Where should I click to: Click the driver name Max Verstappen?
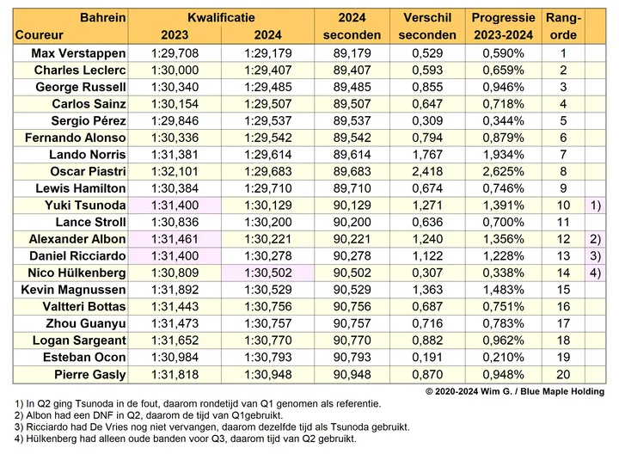(78, 53)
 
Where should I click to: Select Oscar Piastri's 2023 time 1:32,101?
(175, 172)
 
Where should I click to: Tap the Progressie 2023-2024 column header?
(503, 26)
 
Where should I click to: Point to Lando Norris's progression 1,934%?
(503, 155)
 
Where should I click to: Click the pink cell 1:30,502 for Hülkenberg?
(268, 273)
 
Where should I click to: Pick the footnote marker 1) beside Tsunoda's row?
(595, 206)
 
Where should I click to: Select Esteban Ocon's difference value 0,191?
(427, 358)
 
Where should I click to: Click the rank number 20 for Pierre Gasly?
(563, 374)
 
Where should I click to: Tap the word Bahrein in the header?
(102, 18)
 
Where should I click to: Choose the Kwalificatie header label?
(221, 18)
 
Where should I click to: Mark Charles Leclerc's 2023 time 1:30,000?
(175, 71)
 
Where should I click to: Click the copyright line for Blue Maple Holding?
(515, 391)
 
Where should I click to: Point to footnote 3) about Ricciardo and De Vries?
(212, 427)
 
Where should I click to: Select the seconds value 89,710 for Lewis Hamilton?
(352, 188)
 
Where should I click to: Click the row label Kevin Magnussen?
(73, 290)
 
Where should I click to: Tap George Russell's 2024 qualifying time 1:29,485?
(268, 87)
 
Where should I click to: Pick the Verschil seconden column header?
(427, 26)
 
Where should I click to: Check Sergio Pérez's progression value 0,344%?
(503, 120)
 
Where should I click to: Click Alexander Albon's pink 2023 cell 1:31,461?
(175, 239)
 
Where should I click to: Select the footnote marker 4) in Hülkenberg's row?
(595, 273)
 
